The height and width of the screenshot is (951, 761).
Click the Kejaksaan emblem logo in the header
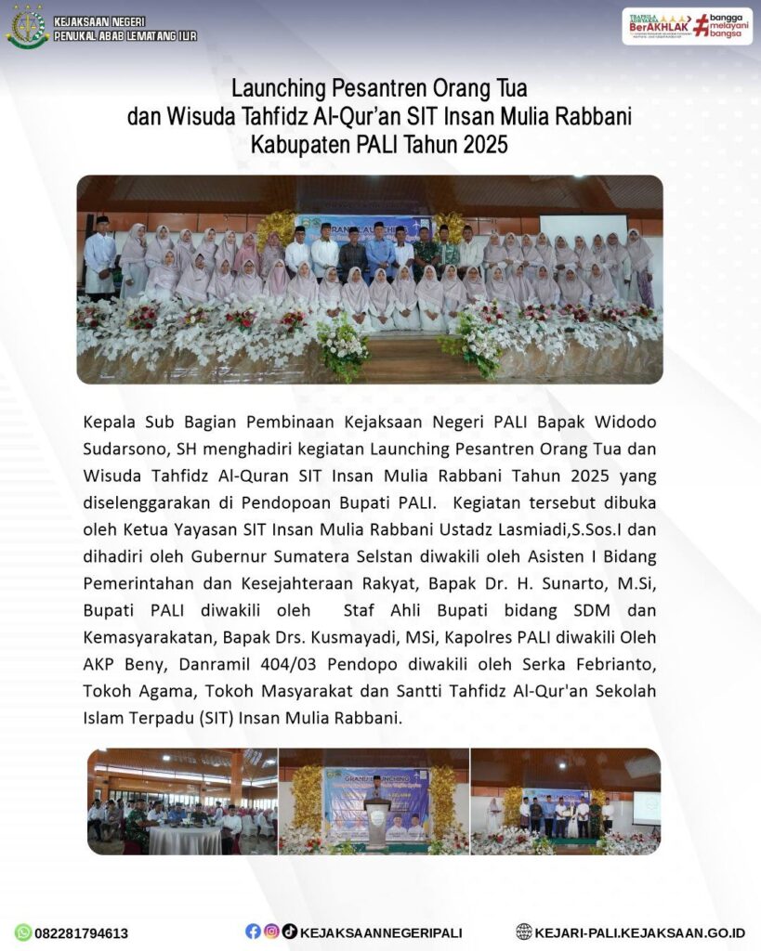click(27, 27)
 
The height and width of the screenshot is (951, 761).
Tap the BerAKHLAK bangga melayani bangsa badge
click(687, 26)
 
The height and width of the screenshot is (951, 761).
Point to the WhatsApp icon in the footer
click(23, 932)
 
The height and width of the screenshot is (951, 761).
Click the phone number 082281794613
click(82, 933)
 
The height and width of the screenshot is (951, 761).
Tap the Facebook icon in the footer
click(253, 931)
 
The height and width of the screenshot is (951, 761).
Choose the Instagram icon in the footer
click(271, 931)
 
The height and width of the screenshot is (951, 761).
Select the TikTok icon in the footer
click(290, 931)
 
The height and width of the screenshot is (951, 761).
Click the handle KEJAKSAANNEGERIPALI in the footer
click(381, 932)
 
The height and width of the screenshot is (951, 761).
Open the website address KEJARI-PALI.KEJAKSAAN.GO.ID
click(641, 932)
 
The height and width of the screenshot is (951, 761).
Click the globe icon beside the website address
click(525, 931)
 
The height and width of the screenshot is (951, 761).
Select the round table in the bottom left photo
click(186, 839)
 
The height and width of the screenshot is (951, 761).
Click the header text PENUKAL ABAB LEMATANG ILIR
click(125, 36)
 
